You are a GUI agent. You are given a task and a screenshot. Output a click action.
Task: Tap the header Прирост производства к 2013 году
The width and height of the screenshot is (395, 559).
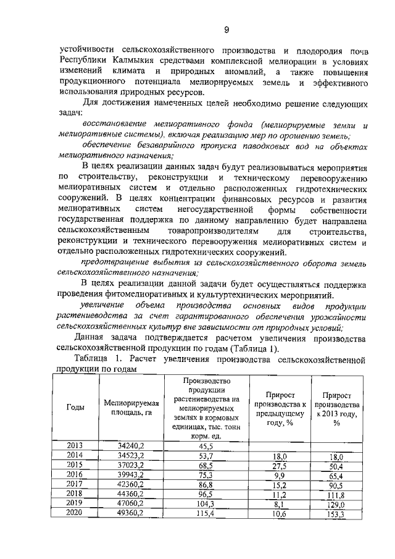336,408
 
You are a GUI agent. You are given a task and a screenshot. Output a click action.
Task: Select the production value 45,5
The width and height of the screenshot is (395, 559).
206,445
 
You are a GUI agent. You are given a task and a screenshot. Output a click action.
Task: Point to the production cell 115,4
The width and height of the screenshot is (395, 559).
206,513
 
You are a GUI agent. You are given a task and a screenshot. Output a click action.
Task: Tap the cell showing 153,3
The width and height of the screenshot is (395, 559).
336,513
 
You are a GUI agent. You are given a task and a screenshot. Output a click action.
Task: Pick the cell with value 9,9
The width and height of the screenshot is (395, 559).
280,475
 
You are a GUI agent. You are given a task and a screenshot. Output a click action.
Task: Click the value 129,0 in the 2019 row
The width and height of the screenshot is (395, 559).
336,503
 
